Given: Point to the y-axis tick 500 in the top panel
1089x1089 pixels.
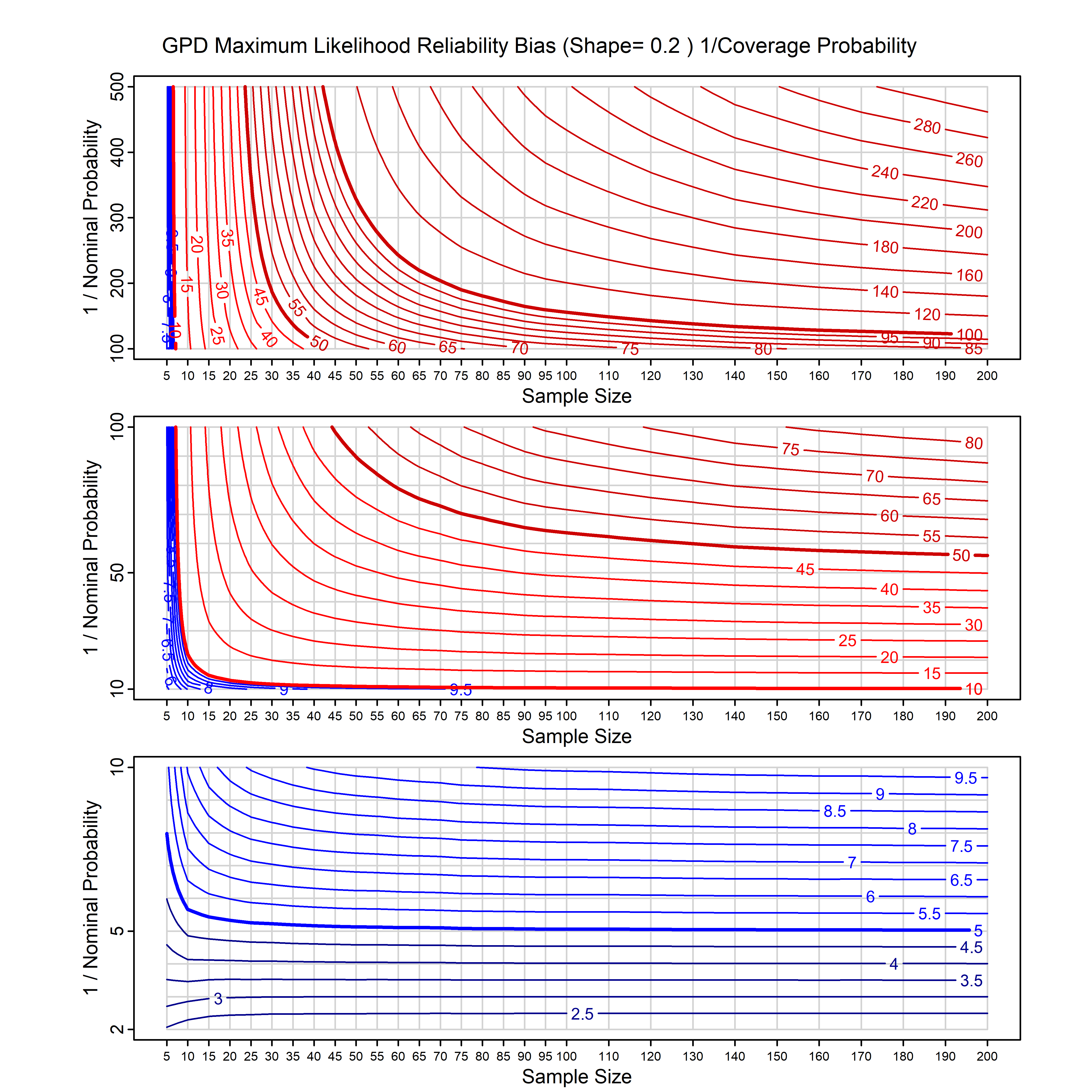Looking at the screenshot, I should pyautogui.click(x=117, y=87).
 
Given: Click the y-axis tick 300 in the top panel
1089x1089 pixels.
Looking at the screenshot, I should pyautogui.click(x=117, y=218).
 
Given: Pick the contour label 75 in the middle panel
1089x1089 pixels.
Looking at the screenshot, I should pyautogui.click(x=790, y=449).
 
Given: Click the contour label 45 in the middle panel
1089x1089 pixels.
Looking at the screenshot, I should pyautogui.click(x=805, y=569).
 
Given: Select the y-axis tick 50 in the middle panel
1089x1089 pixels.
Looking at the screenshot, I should pyautogui.click(x=117, y=573).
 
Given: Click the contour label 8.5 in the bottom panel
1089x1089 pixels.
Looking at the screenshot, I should pyautogui.click(x=834, y=811).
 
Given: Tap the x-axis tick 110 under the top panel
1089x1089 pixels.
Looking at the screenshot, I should pyautogui.click(x=609, y=376).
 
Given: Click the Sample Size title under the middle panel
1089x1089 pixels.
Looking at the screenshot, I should pyautogui.click(x=577, y=736).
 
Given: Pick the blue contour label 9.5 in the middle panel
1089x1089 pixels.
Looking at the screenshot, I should pyautogui.click(x=461, y=690).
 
